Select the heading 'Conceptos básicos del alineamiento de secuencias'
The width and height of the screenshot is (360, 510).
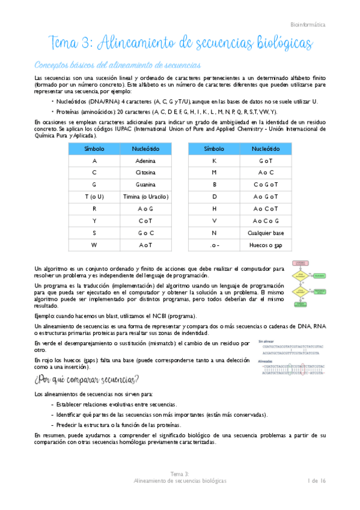pyautogui.click(x=117, y=65)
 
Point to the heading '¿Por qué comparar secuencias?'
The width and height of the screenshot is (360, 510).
pyautogui.click(x=87, y=379)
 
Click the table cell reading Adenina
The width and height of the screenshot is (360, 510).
pyautogui.click(x=145, y=161)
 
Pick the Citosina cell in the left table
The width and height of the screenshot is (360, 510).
pyautogui.click(x=145, y=173)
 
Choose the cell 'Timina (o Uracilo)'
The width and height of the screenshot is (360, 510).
pyautogui.click(x=145, y=197)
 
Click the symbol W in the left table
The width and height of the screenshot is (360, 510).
pyautogui.click(x=94, y=245)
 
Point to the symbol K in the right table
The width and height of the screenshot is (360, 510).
pyautogui.click(x=215, y=161)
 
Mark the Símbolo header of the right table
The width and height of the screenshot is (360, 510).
pyautogui.click(x=215, y=149)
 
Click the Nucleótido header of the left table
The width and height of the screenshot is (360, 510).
pyautogui.click(x=145, y=149)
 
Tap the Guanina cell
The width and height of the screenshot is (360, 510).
pyautogui.click(x=145, y=185)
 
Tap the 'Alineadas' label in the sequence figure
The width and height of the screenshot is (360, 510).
pyautogui.click(x=265, y=361)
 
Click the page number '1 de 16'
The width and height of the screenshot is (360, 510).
pyautogui.click(x=316, y=481)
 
